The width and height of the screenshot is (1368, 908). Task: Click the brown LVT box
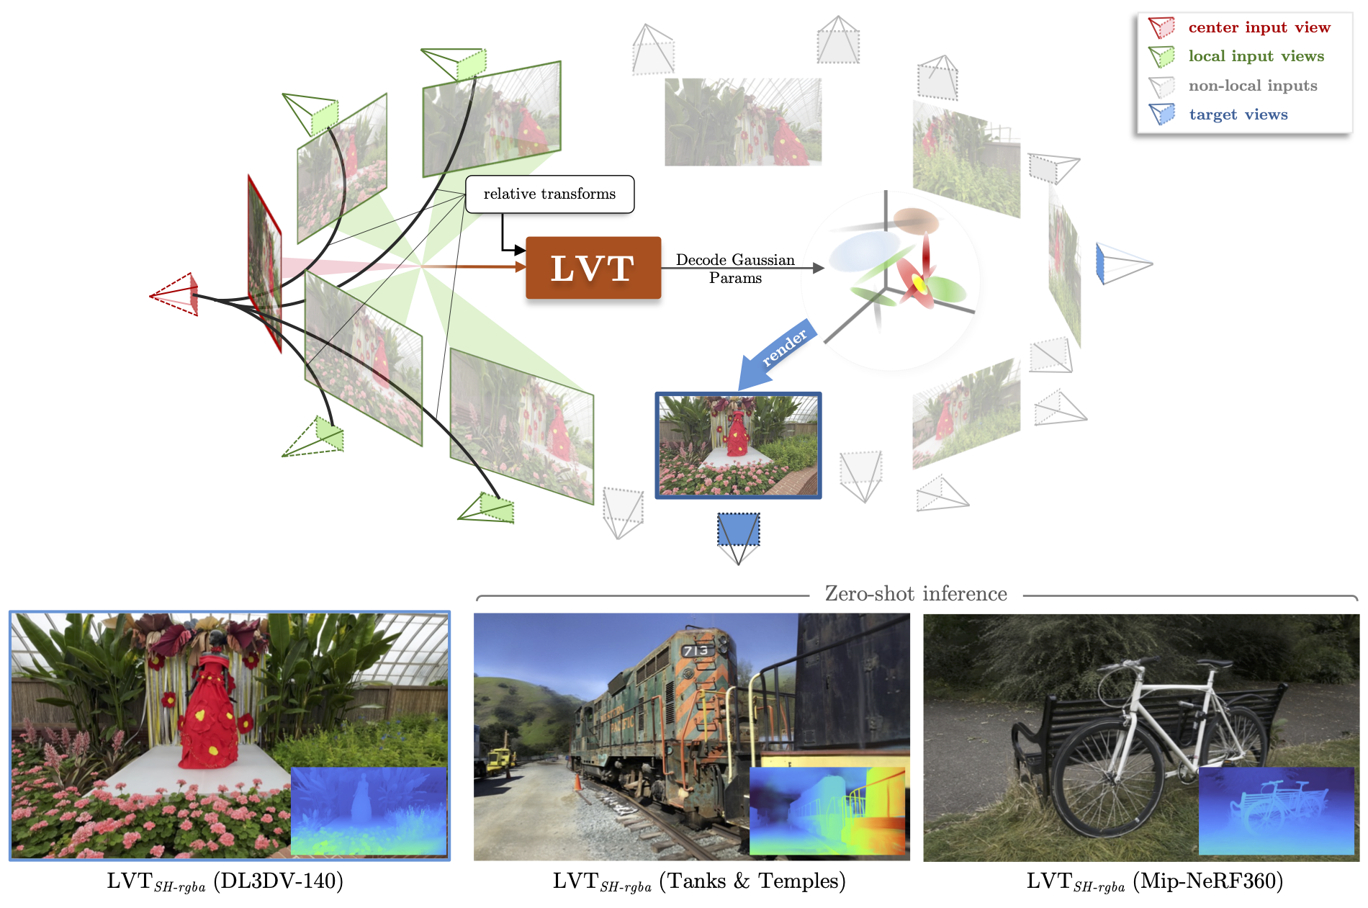point(593,268)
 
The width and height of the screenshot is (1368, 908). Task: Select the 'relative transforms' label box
point(549,194)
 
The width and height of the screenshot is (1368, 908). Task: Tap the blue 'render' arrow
point(777,354)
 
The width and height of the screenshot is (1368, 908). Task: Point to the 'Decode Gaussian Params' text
point(735,269)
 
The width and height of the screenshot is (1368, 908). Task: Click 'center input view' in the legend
point(1259,27)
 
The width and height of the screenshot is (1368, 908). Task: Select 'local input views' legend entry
point(1256,56)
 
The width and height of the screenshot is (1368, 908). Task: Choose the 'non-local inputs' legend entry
point(1252,86)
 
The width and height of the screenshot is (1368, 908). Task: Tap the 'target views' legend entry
point(1238,114)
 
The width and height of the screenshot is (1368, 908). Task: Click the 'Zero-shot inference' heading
point(915,594)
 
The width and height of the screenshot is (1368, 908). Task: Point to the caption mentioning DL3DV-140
point(225,881)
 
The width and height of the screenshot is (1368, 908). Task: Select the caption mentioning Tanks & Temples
point(698,881)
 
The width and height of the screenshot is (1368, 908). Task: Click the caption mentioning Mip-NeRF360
point(1154,881)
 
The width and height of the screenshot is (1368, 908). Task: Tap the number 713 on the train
point(696,651)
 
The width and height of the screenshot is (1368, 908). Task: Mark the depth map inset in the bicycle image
point(1276,810)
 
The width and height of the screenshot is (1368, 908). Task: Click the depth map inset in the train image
point(827,811)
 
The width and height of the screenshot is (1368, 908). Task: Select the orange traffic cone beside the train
point(577,781)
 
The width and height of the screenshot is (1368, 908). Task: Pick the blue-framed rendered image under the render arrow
point(738,446)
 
